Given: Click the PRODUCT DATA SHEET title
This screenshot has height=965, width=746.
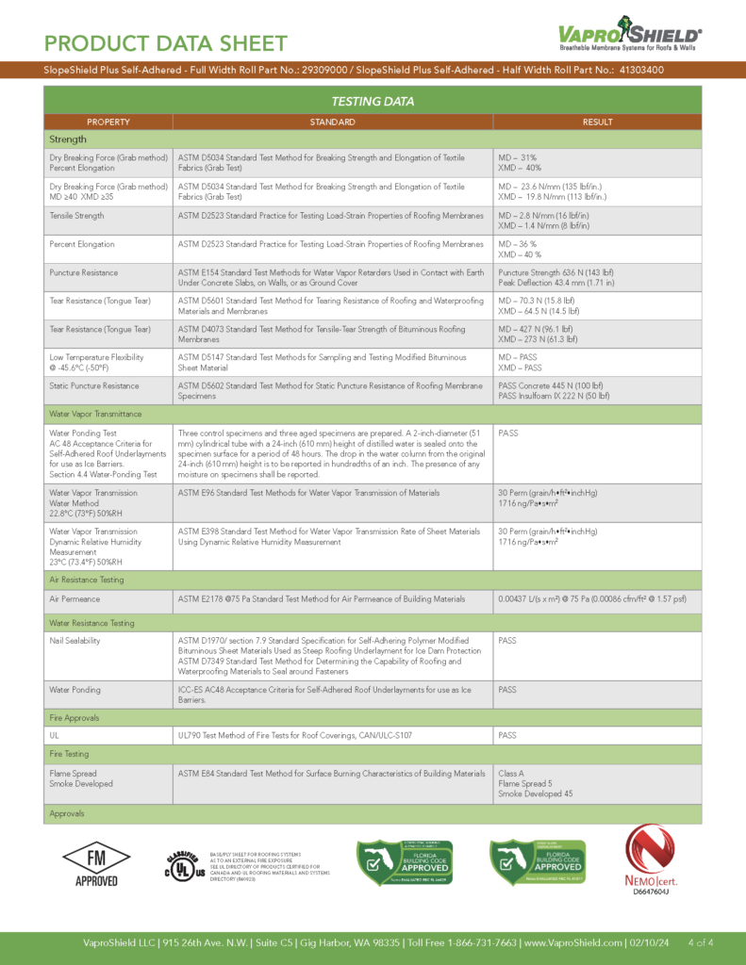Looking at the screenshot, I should [x=165, y=43].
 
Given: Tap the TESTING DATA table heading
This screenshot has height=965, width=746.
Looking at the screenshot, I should [x=373, y=101].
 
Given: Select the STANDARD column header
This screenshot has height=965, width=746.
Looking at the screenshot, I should [x=332, y=122].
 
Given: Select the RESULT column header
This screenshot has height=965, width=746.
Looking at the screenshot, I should [x=597, y=122].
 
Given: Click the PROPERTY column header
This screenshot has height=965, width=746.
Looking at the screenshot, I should [x=108, y=122].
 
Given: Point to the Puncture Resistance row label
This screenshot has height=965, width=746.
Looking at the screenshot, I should [x=84, y=272].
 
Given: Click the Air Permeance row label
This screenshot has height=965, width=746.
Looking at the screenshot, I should [x=75, y=598].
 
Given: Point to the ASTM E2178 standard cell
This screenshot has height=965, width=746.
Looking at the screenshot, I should [x=322, y=598].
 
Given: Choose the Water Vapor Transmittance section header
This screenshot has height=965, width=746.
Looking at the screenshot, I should [x=95, y=414].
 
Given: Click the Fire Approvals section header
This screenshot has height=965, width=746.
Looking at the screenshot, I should [x=75, y=718].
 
